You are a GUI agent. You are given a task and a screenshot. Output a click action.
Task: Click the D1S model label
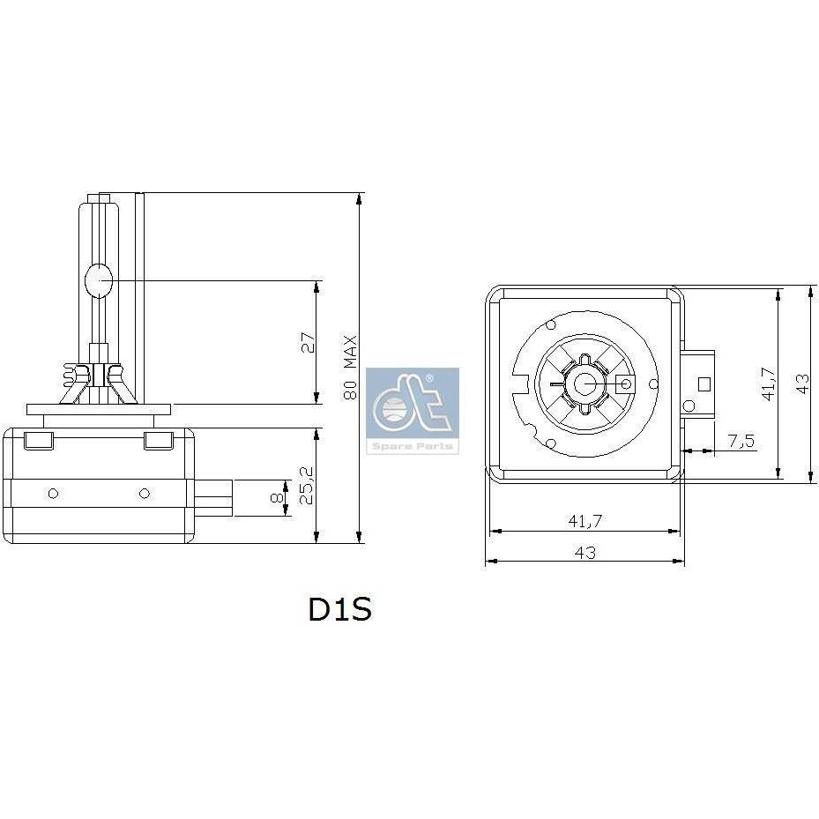pyautogui.click(x=340, y=608)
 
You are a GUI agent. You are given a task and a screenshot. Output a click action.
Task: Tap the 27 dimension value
pyautogui.click(x=309, y=343)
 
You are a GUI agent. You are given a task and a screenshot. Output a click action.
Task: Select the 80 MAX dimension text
pyautogui.click(x=350, y=368)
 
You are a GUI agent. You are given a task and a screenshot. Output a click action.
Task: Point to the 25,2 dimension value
pyautogui.click(x=307, y=485)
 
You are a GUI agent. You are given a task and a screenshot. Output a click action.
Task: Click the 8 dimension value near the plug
pyautogui.click(x=276, y=498)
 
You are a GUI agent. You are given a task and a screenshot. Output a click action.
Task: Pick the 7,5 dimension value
pyautogui.click(x=741, y=442)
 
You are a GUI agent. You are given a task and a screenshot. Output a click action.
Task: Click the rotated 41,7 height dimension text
pyautogui.click(x=769, y=383)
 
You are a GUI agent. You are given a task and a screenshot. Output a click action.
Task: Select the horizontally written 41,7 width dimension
pyautogui.click(x=585, y=521)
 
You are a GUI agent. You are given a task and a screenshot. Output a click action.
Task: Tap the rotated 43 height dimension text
pyautogui.click(x=803, y=383)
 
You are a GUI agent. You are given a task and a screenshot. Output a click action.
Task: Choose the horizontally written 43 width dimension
pyautogui.click(x=585, y=553)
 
